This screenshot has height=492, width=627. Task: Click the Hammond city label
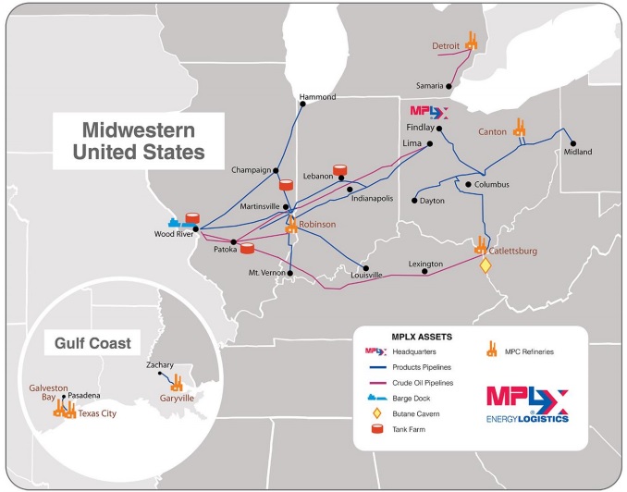coord(317,97)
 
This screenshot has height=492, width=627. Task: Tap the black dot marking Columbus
coord(469,185)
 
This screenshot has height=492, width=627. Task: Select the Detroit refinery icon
coord(471,41)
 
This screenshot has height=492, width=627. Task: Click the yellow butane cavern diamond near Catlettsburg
coord(485,265)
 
